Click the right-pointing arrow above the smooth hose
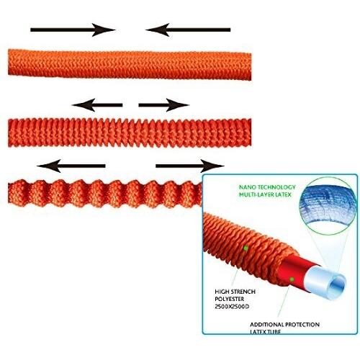click(x=73, y=30)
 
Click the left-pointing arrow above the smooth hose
click(x=188, y=30)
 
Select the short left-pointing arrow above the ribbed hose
click(x=97, y=105)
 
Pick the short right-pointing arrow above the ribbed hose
click(x=164, y=105)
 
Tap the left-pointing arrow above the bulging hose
click(x=71, y=166)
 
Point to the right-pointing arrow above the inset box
click(x=190, y=166)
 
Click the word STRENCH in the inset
click(x=243, y=292)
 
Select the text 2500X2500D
click(x=232, y=307)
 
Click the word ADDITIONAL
click(x=266, y=325)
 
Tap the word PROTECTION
click(x=302, y=325)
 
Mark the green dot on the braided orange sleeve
click(x=246, y=248)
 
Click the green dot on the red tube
click(x=292, y=279)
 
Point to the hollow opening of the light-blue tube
click(x=337, y=284)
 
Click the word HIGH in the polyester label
click(x=222, y=292)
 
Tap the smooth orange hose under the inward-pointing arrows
click(x=130, y=65)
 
